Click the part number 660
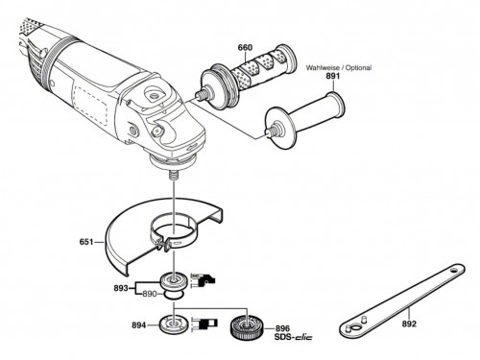(x=245, y=48)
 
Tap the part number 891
(x=332, y=76)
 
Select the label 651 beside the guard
(x=86, y=242)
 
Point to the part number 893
(x=121, y=288)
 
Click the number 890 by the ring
(x=150, y=294)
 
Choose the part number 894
(x=139, y=325)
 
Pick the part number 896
(x=282, y=328)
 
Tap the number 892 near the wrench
(x=409, y=324)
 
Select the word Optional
(x=359, y=68)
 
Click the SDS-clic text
(x=293, y=337)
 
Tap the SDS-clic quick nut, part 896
(x=247, y=326)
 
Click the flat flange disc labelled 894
(x=174, y=324)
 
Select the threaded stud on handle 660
(x=201, y=94)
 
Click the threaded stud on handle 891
(x=272, y=131)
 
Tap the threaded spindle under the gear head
(x=174, y=177)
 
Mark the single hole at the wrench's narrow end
(x=453, y=271)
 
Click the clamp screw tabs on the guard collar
(x=162, y=246)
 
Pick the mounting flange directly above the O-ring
(x=174, y=281)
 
